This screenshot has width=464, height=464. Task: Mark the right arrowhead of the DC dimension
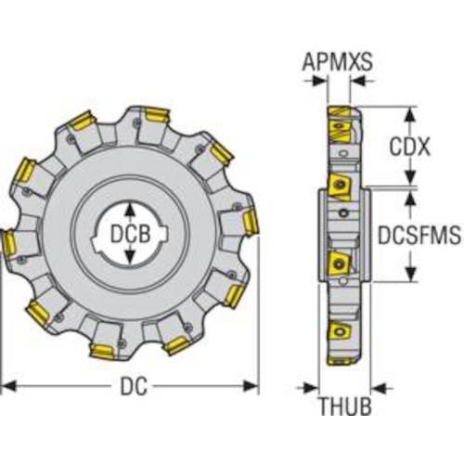click(254, 383)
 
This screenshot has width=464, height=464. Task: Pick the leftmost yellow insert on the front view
click(6, 243)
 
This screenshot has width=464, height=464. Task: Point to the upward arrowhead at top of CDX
click(409, 112)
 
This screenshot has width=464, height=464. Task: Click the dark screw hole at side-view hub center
click(345, 214)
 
